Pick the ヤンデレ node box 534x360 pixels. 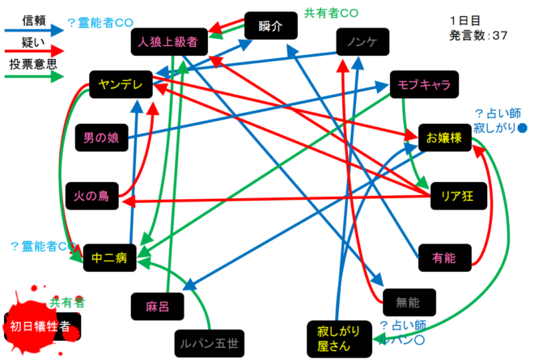pyautogui.click(x=119, y=83)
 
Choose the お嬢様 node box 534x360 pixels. pyautogui.click(x=443, y=138)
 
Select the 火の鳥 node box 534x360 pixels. pyautogui.click(x=91, y=195)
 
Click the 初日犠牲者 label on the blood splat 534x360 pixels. pyautogui.click(x=41, y=326)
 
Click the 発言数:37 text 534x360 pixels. pyautogui.click(x=478, y=36)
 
